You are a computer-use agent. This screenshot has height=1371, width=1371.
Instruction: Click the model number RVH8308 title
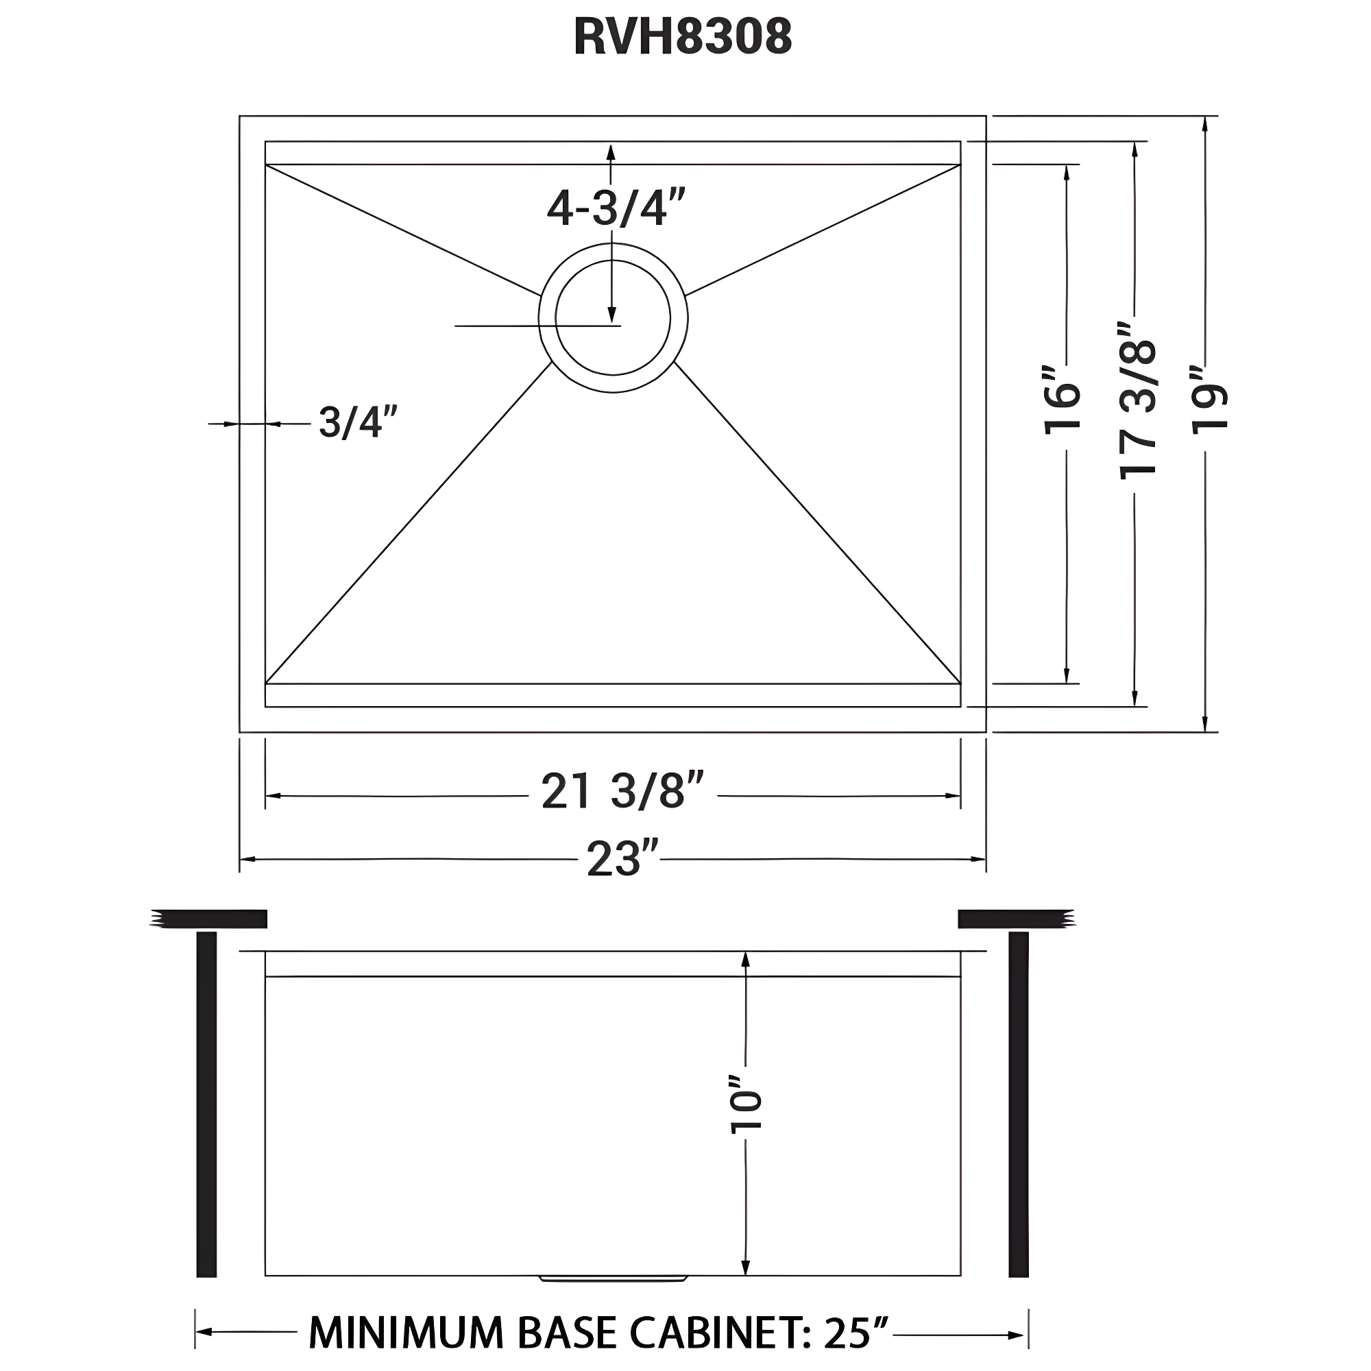(682, 37)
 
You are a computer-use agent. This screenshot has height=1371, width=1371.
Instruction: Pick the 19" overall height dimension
(1209, 399)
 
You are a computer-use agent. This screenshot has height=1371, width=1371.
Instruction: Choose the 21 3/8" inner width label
(622, 791)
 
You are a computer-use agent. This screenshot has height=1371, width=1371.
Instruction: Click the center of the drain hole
(613, 318)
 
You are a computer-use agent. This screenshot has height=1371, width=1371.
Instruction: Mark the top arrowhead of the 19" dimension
(1205, 124)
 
